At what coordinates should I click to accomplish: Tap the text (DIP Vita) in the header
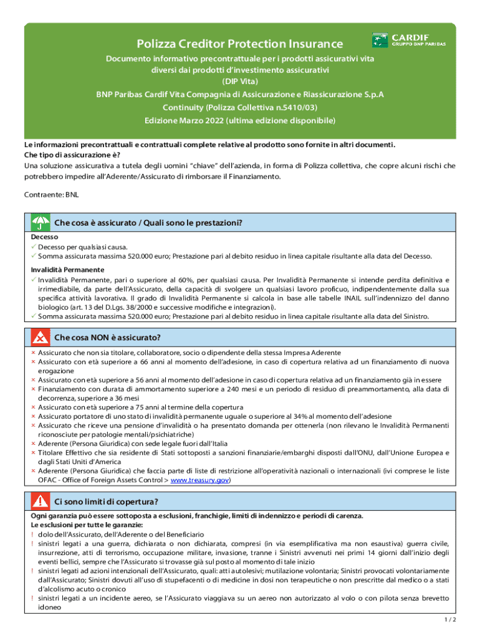[x=240, y=82]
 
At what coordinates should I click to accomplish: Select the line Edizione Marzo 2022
[x=240, y=120]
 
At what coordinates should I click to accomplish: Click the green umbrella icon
[x=40, y=222]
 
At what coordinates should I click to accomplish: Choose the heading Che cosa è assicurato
[x=148, y=222]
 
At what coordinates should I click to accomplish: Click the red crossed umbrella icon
[x=40, y=338]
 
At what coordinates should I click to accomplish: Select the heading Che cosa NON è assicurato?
[x=107, y=338]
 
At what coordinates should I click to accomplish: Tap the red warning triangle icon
[x=40, y=501]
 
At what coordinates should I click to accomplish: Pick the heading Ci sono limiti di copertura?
[x=106, y=501]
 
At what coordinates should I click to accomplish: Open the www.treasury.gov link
[x=199, y=480]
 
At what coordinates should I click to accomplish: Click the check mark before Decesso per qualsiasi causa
[x=34, y=247]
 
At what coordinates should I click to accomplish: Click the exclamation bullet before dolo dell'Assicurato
[x=32, y=535]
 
